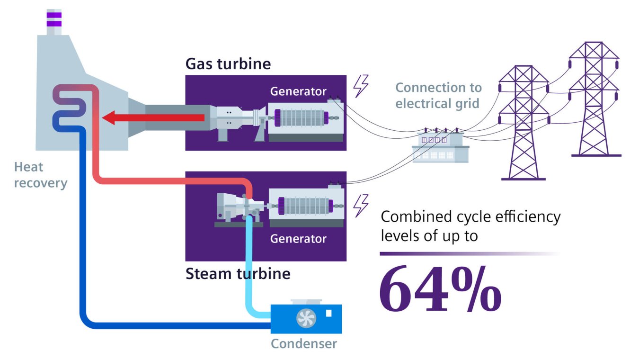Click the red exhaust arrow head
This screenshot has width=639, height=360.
[x=110, y=118]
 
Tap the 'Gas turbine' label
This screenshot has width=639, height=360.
[x=228, y=64]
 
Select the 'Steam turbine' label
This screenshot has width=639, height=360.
[x=238, y=273]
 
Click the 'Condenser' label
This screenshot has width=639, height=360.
[x=303, y=343]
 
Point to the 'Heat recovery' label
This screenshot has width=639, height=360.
[x=40, y=175]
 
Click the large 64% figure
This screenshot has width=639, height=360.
[x=440, y=289]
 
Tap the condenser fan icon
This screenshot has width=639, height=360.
[x=306, y=318]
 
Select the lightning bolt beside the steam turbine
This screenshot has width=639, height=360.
[x=361, y=205]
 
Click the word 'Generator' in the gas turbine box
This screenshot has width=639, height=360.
[x=298, y=91]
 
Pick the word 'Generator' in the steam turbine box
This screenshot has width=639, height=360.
[x=298, y=238]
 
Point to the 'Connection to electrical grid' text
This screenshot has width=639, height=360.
[x=438, y=95]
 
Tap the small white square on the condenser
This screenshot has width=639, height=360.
[x=329, y=313]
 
